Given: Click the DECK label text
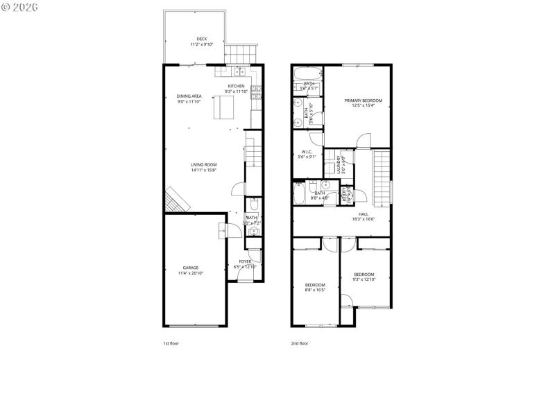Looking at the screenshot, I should (201, 39).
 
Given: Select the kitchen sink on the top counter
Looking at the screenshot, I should (240, 70).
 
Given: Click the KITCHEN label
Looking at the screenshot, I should (236, 86).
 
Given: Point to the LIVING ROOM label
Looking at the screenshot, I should (204, 164).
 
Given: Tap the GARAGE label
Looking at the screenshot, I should (191, 268).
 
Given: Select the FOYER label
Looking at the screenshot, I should (246, 261).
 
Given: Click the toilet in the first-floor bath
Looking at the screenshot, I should (253, 206).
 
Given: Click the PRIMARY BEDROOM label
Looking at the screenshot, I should (364, 101).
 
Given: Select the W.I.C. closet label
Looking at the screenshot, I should (307, 152).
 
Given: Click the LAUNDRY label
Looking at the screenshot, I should (340, 164).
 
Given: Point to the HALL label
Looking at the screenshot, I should (364, 214).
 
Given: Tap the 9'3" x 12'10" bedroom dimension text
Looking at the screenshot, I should (364, 279).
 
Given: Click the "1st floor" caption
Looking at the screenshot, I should (171, 343).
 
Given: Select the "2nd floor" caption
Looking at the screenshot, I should (300, 343).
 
